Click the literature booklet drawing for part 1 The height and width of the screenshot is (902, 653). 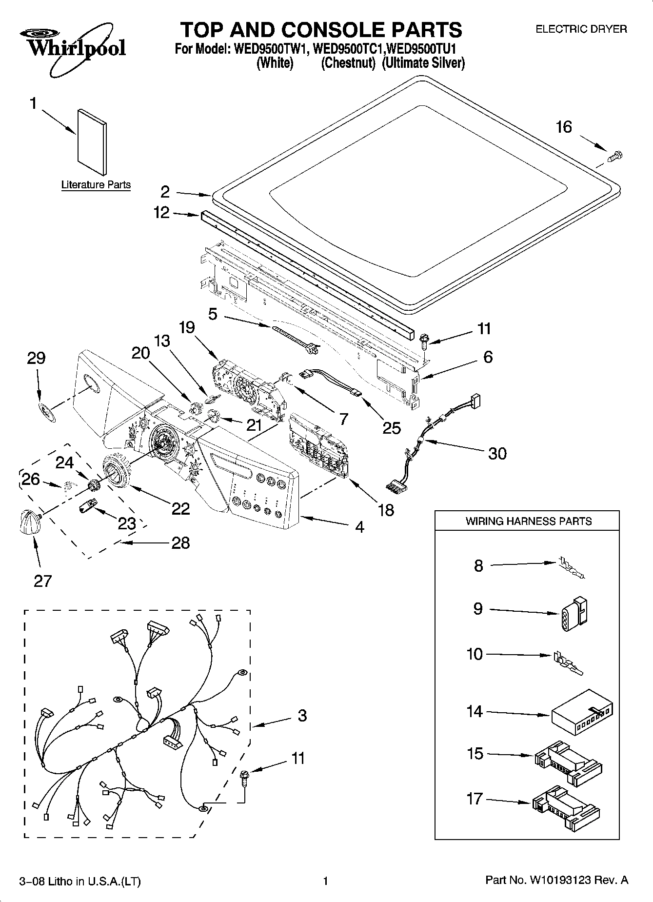[92, 142]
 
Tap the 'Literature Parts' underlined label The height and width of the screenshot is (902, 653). [96, 185]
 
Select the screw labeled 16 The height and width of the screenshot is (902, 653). [616, 156]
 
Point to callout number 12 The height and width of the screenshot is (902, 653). [161, 212]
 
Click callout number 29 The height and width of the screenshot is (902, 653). [37, 359]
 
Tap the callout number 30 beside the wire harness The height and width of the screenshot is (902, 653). [497, 453]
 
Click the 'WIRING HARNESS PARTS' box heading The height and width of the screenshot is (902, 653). [528, 521]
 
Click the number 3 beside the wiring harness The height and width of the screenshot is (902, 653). [302, 716]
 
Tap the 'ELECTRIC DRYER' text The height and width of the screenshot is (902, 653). [581, 29]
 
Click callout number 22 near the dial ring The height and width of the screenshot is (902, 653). [180, 508]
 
